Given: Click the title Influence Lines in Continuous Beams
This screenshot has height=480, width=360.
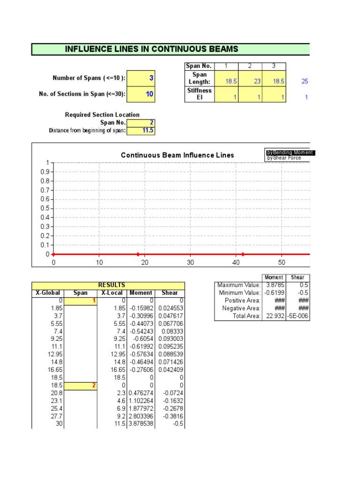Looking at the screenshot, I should [151, 49].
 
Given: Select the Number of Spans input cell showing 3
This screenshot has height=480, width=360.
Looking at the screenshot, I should [141, 78].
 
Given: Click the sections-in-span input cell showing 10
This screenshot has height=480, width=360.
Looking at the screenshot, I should [141, 94].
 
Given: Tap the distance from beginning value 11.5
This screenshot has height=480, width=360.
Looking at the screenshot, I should [141, 130].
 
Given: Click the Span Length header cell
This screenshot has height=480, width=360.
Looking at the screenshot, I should [199, 78].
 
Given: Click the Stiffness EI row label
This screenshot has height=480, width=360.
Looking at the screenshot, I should [199, 94].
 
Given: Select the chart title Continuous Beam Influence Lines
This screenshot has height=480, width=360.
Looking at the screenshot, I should [177, 155].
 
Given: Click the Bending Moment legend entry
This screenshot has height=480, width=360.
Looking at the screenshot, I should [290, 153].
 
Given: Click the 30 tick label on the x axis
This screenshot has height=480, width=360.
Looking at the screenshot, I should [190, 262].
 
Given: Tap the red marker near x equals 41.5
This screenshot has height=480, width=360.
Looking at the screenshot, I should [243, 254].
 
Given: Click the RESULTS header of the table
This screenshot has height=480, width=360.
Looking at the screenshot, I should [111, 285].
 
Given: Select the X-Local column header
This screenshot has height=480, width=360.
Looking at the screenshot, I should [112, 292].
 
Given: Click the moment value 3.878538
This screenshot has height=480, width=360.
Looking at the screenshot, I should [140, 424].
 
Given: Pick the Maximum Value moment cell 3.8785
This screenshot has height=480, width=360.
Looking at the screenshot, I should [274, 285].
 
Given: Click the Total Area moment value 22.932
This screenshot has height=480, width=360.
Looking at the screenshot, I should [274, 316].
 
